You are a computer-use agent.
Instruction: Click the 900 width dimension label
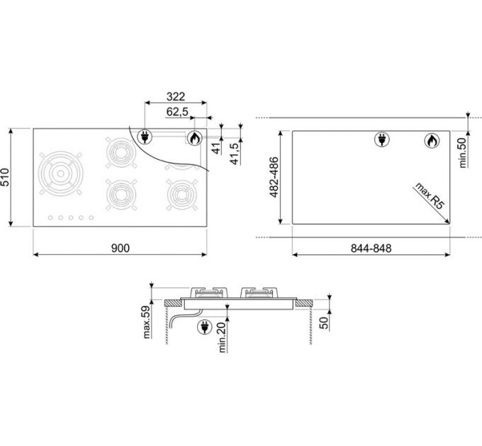coord(120,248)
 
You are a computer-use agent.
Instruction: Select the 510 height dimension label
coord(6,177)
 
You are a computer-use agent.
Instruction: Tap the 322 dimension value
coord(176,97)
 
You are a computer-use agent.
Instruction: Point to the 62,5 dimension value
coord(177,112)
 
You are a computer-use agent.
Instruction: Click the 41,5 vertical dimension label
coord(235,154)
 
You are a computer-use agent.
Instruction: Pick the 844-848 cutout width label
coord(371,248)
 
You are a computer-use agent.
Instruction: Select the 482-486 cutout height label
coord(274,177)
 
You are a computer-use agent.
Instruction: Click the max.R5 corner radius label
coord(430,196)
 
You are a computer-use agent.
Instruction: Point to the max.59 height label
coord(147,322)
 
